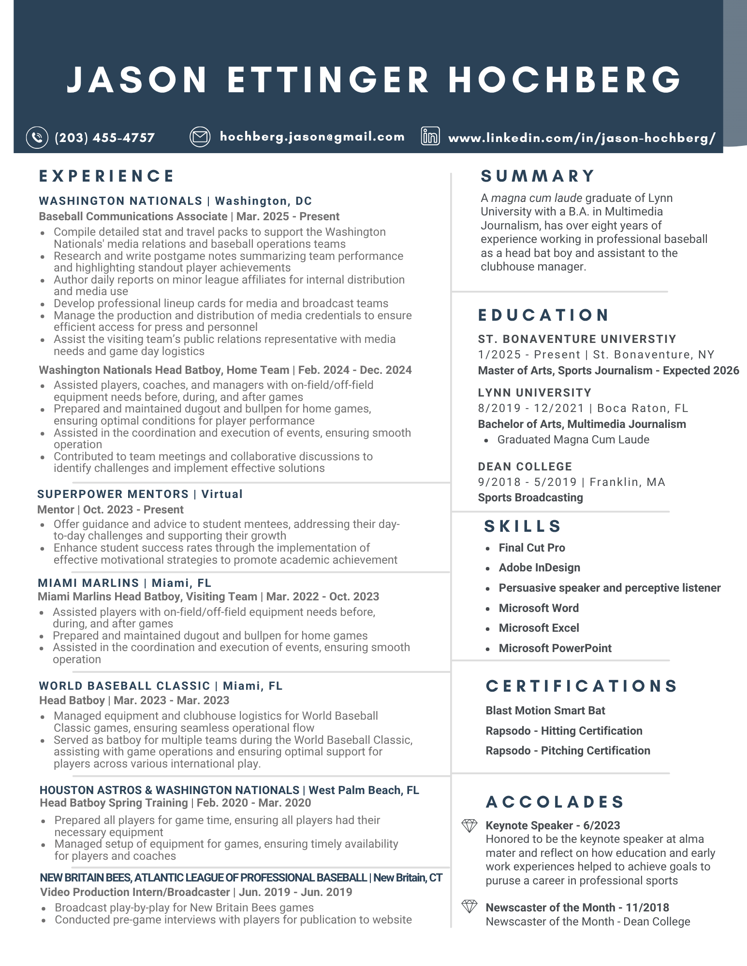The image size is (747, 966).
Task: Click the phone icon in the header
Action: coord(37,137)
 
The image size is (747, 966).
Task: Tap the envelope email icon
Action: coord(200,137)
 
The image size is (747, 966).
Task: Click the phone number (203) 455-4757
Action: coord(104,138)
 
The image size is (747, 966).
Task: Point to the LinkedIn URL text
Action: coord(582,138)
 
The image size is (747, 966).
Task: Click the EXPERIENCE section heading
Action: coord(106,176)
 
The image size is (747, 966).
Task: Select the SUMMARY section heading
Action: coord(538,176)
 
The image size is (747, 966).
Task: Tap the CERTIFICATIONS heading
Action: coord(582,686)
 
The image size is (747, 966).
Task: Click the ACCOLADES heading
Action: coord(555,802)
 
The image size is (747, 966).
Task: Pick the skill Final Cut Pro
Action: coord(532,548)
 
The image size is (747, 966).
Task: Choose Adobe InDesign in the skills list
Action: coord(539,568)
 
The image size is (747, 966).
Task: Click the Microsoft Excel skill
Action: coord(539,628)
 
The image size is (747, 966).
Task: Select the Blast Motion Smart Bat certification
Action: coord(545,710)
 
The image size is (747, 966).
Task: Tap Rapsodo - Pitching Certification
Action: coord(568,751)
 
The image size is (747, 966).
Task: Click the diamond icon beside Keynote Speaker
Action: coord(469,826)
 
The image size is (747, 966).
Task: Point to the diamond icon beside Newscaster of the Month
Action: coord(469,907)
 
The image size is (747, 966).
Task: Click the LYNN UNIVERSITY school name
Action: coord(534,393)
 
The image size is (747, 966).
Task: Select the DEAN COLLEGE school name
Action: coord(525,467)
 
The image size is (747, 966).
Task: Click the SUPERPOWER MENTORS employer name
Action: coord(113,494)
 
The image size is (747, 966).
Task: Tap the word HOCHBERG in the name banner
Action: coord(565,80)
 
